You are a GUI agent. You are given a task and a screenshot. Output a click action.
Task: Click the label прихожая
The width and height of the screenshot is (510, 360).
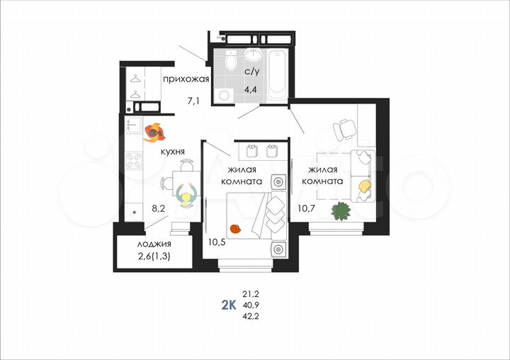(186, 79)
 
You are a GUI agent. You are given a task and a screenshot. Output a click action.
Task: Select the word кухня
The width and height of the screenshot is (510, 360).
(174, 152)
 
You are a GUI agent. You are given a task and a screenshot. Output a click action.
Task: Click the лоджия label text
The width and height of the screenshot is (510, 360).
(154, 244)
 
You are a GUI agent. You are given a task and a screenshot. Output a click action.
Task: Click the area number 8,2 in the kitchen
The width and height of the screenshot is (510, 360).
(159, 210)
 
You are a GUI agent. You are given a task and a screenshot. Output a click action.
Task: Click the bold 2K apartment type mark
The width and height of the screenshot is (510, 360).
(229, 305)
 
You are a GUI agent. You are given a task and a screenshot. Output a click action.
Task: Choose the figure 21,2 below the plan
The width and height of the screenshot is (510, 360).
(251, 293)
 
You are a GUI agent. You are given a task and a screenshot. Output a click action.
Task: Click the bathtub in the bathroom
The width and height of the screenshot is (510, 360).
(278, 75)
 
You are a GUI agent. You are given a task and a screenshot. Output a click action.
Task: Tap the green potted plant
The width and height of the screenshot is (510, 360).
(341, 210)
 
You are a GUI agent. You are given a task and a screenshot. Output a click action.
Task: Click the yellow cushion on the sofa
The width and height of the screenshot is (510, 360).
(364, 186)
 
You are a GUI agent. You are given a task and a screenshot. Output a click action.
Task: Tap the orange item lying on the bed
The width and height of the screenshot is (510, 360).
(236, 228)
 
